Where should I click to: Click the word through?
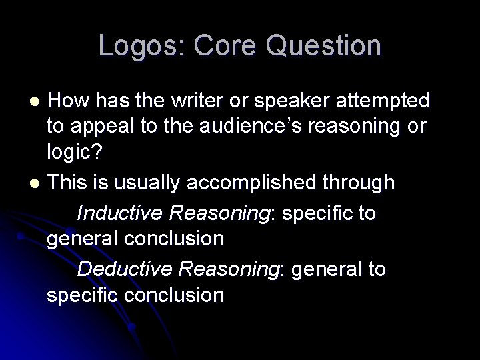[x=363, y=183]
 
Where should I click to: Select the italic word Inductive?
[x=120, y=213]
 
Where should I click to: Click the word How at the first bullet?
[x=69, y=101]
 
